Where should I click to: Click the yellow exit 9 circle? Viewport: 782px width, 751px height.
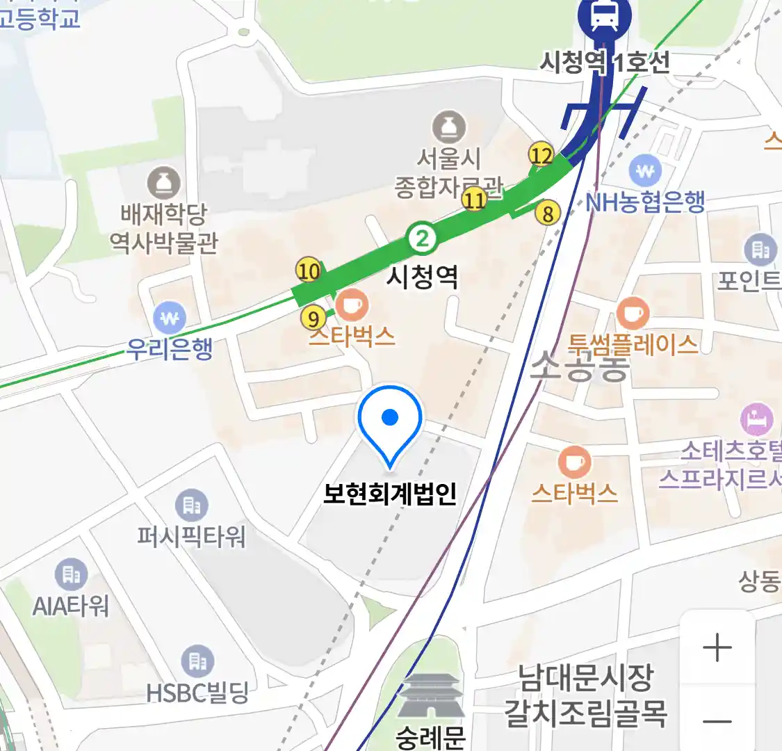pyautogui.click(x=313, y=318)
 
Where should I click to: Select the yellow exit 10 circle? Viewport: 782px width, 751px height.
pyautogui.click(x=309, y=270)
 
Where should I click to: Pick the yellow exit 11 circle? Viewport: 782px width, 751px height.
pyautogui.click(x=475, y=200)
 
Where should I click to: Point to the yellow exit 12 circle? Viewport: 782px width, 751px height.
pyautogui.click(x=541, y=155)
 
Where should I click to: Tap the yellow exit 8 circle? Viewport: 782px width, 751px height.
pyautogui.click(x=548, y=213)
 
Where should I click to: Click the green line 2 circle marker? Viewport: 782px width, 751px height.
pyautogui.click(x=421, y=239)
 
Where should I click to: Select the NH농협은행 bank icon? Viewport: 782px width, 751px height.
pyautogui.click(x=646, y=170)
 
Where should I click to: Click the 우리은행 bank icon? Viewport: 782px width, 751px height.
pyautogui.click(x=170, y=318)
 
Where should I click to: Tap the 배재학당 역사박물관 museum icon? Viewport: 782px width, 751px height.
pyautogui.click(x=164, y=184)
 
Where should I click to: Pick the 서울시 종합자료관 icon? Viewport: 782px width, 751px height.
pyautogui.click(x=449, y=127)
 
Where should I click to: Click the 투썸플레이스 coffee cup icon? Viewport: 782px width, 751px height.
pyautogui.click(x=633, y=314)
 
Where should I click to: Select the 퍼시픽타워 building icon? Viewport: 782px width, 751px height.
pyautogui.click(x=191, y=506)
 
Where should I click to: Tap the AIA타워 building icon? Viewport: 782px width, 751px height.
pyautogui.click(x=71, y=574)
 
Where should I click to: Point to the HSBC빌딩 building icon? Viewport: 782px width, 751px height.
pyautogui.click(x=197, y=661)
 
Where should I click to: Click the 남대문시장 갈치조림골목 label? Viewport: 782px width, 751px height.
pyautogui.click(x=585, y=694)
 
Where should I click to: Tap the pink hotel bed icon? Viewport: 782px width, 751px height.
pyautogui.click(x=757, y=419)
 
